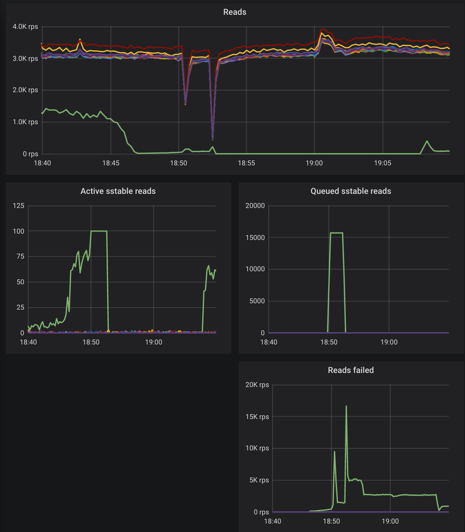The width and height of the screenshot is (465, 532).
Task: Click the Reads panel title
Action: click(235, 12)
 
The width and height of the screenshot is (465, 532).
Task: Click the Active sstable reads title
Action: click(118, 191)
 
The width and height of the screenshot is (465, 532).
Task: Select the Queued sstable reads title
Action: click(351, 191)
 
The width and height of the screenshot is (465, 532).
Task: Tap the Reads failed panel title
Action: click(351, 370)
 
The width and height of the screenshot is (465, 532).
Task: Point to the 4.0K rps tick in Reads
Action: click(25, 27)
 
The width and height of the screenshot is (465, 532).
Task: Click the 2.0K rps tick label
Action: click(25, 90)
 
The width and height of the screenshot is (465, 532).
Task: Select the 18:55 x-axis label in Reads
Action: click(246, 163)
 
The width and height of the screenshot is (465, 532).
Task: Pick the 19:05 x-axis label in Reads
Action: click(382, 163)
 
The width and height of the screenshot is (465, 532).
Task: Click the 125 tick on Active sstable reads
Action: click(19, 205)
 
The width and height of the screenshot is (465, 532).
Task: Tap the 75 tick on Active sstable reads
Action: click(20, 256)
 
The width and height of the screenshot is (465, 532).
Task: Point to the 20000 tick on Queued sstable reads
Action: click(255, 205)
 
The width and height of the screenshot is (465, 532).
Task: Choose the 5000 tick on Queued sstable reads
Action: click(257, 301)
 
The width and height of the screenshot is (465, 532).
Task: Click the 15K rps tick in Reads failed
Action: click(257, 417)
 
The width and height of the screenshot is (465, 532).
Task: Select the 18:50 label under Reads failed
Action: click(331, 521)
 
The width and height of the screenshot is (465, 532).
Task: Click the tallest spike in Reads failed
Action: click(346, 406)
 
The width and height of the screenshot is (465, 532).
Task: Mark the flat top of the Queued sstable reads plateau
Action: click(336, 233)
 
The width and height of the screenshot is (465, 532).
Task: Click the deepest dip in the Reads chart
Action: click(212, 139)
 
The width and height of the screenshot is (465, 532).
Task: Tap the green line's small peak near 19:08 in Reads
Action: click(427, 141)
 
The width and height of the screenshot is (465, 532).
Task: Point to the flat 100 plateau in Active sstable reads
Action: click(99, 231)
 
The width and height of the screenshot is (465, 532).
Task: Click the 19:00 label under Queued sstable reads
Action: click(389, 342)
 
